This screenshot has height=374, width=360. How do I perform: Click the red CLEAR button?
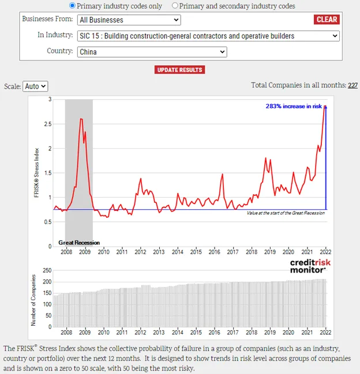(327, 20)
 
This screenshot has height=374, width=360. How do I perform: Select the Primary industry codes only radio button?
(72, 6)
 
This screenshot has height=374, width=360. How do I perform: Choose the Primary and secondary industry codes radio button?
(175, 6)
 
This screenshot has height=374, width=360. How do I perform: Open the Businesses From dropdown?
(129, 20)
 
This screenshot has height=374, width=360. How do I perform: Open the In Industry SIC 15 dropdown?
(208, 36)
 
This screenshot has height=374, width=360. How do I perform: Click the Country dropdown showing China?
(152, 52)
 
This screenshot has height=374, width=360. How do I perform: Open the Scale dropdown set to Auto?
(35, 86)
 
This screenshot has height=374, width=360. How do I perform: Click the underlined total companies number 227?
(352, 85)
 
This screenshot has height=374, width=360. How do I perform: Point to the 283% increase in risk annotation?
(294, 106)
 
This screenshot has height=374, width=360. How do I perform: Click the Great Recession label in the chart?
(79, 243)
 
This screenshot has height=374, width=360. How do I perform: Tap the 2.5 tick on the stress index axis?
(48, 124)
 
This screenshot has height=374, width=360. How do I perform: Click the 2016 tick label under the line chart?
(214, 252)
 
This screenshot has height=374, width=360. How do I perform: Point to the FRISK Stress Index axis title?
(36, 173)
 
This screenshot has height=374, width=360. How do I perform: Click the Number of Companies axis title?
(33, 300)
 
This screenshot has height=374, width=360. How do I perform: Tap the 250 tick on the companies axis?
(47, 270)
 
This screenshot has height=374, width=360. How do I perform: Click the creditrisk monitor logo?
(310, 266)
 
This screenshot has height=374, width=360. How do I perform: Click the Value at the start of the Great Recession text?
(286, 213)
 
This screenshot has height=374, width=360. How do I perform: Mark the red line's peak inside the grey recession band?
(81, 119)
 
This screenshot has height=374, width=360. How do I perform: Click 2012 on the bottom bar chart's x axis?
(140, 333)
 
